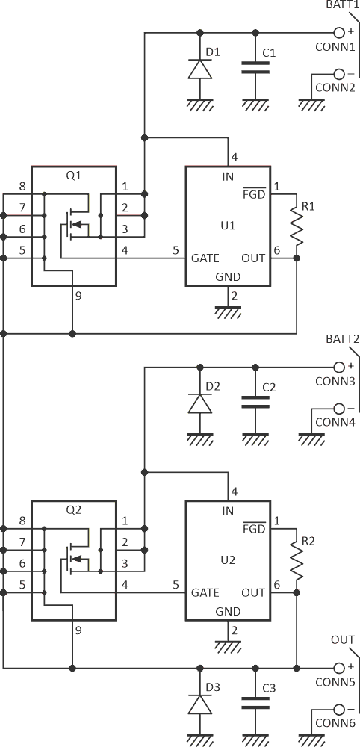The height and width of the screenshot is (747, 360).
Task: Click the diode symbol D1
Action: click(x=199, y=68)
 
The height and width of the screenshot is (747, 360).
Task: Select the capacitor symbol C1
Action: click(x=255, y=68)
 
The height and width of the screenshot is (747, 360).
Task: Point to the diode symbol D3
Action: click(x=199, y=704)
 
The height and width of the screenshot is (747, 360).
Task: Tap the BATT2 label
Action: click(x=339, y=338)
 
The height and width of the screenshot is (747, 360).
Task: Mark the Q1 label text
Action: click(x=74, y=176)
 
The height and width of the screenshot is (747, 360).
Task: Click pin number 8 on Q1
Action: click(x=22, y=187)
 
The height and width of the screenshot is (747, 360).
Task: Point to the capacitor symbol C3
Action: click(x=255, y=703)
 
